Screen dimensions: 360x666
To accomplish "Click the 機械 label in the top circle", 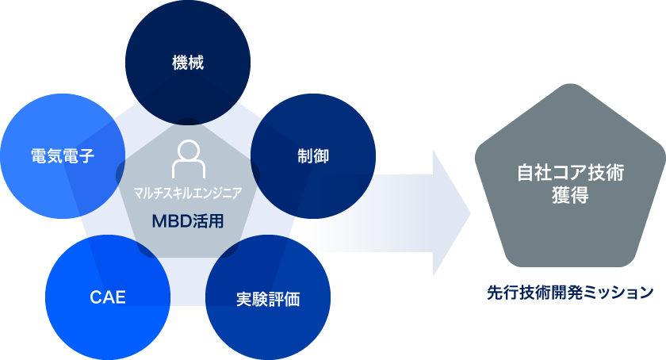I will (x=188, y=63).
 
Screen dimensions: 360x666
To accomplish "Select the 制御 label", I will (x=313, y=156).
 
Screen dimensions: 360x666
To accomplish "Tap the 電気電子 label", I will (x=63, y=156).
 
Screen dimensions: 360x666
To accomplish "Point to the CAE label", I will (x=107, y=299).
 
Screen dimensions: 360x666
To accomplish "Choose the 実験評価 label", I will (x=268, y=300).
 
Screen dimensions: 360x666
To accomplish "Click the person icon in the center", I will (x=188, y=159).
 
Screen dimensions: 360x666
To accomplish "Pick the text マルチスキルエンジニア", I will (x=188, y=192).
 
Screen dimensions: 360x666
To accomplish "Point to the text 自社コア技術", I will (x=568, y=173).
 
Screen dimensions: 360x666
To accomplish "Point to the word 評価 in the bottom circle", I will (x=284, y=300).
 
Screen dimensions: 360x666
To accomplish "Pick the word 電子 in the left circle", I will (x=78, y=156).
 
